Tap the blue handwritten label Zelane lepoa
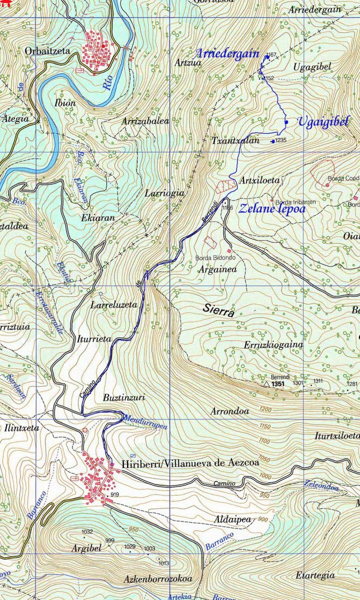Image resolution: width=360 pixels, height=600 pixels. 271,209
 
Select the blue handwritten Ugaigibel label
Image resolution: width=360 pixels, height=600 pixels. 323,121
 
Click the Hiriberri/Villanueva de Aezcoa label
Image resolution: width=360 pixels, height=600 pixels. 190,463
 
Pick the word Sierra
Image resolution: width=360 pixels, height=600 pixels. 218,310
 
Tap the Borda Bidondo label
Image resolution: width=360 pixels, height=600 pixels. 218,258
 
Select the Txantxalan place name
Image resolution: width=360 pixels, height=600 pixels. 235,141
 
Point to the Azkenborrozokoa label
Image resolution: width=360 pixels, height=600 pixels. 157,579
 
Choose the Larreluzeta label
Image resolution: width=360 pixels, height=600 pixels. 114,304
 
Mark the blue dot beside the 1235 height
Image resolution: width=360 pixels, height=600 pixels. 273,141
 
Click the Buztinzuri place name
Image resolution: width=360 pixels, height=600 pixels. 124,398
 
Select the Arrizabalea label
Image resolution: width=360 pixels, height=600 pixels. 145,121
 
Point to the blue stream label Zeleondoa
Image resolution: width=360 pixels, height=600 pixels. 321,485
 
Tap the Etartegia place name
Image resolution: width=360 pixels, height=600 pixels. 315,575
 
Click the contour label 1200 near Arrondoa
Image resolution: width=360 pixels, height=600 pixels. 265,410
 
